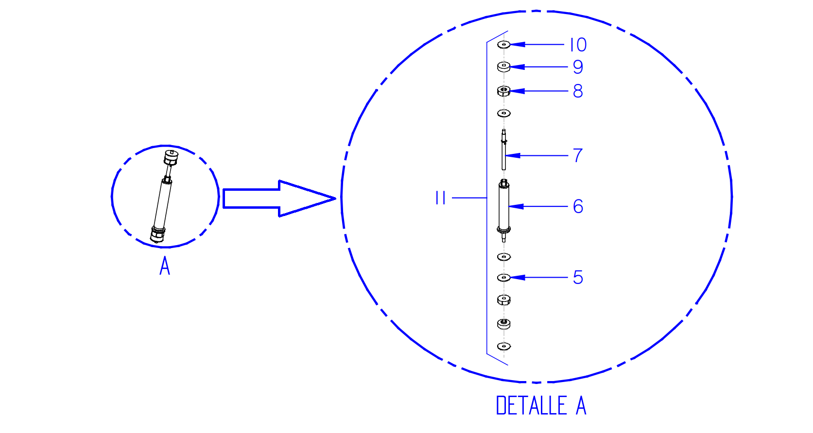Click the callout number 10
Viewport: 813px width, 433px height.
578,45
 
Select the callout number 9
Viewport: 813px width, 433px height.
578,67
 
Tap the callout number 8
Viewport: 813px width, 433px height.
578,91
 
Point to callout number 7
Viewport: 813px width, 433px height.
578,155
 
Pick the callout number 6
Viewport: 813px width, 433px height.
578,206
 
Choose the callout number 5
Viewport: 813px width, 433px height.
578,278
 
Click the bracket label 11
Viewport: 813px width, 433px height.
440,198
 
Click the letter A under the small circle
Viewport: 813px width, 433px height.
165,266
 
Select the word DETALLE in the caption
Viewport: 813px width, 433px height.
531,405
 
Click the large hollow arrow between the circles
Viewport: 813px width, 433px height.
279,199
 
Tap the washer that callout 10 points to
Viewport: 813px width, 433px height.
504,45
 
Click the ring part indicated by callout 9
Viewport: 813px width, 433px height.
504,67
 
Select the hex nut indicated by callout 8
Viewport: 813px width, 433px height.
504,91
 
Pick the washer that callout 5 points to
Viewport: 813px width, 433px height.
504,278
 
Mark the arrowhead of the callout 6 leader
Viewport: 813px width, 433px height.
516,206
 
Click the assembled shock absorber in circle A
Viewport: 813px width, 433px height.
164,196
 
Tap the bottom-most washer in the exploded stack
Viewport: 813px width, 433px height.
504,346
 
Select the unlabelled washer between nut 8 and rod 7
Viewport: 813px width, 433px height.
504,114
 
